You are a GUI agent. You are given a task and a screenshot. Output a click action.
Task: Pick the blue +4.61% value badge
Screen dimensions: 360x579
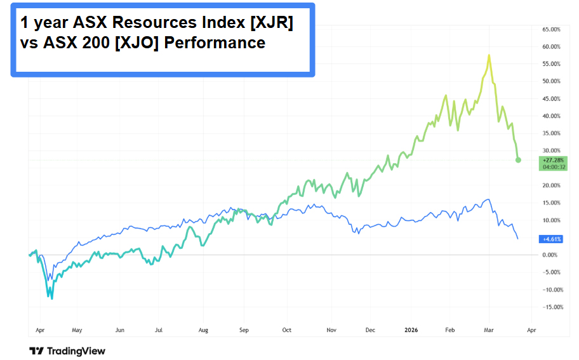click(x=549, y=239)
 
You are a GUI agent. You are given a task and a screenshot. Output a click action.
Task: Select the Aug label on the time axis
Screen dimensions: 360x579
click(x=203, y=330)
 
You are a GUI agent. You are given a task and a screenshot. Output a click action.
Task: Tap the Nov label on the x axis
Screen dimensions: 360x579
click(x=330, y=330)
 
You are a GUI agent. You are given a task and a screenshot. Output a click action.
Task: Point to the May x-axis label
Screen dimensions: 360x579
click(x=77, y=330)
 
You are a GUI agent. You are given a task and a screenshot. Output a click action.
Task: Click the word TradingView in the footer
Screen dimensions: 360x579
click(x=76, y=351)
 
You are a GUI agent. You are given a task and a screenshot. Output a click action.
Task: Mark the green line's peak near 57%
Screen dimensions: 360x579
click(x=489, y=55)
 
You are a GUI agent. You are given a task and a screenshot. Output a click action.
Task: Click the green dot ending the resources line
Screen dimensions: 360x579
click(x=518, y=160)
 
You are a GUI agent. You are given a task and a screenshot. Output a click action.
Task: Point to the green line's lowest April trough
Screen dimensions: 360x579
click(x=52, y=298)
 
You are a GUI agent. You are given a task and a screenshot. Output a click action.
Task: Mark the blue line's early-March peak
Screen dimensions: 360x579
click(x=488, y=199)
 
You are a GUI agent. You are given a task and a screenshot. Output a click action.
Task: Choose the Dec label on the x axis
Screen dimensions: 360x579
click(x=370, y=330)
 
